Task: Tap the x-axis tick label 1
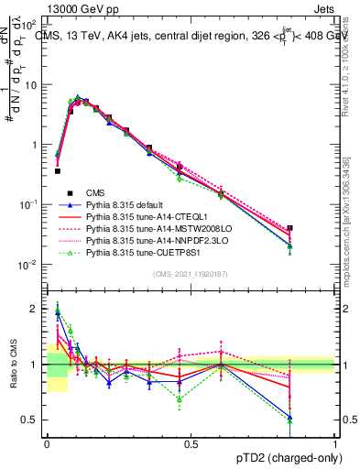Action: (334, 443)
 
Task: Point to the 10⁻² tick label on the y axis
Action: (31, 266)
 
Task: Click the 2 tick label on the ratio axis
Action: (36, 309)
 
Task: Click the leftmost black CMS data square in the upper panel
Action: (57, 170)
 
